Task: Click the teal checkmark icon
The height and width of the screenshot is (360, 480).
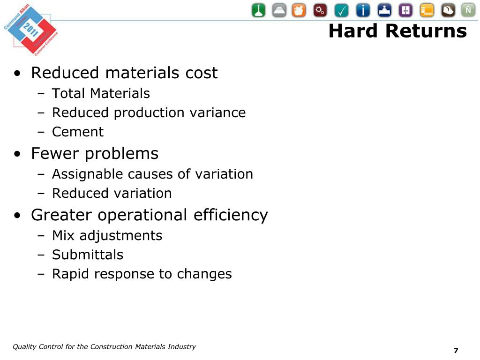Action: (x=342, y=10)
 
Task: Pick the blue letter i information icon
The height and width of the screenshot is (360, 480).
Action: (x=363, y=10)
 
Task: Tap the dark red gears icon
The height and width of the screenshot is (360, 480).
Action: (x=321, y=10)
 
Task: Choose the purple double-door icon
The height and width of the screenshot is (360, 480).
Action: (x=405, y=10)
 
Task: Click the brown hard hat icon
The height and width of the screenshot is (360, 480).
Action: (x=448, y=10)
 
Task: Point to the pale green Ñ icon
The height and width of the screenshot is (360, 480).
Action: (x=468, y=10)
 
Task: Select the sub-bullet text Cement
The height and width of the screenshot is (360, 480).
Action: (x=78, y=132)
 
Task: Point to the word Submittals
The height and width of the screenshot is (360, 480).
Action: (x=88, y=255)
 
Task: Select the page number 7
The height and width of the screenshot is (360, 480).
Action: (x=456, y=351)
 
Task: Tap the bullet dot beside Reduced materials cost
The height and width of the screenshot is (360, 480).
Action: (x=17, y=74)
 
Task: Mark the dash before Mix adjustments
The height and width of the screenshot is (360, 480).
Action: (x=41, y=236)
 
